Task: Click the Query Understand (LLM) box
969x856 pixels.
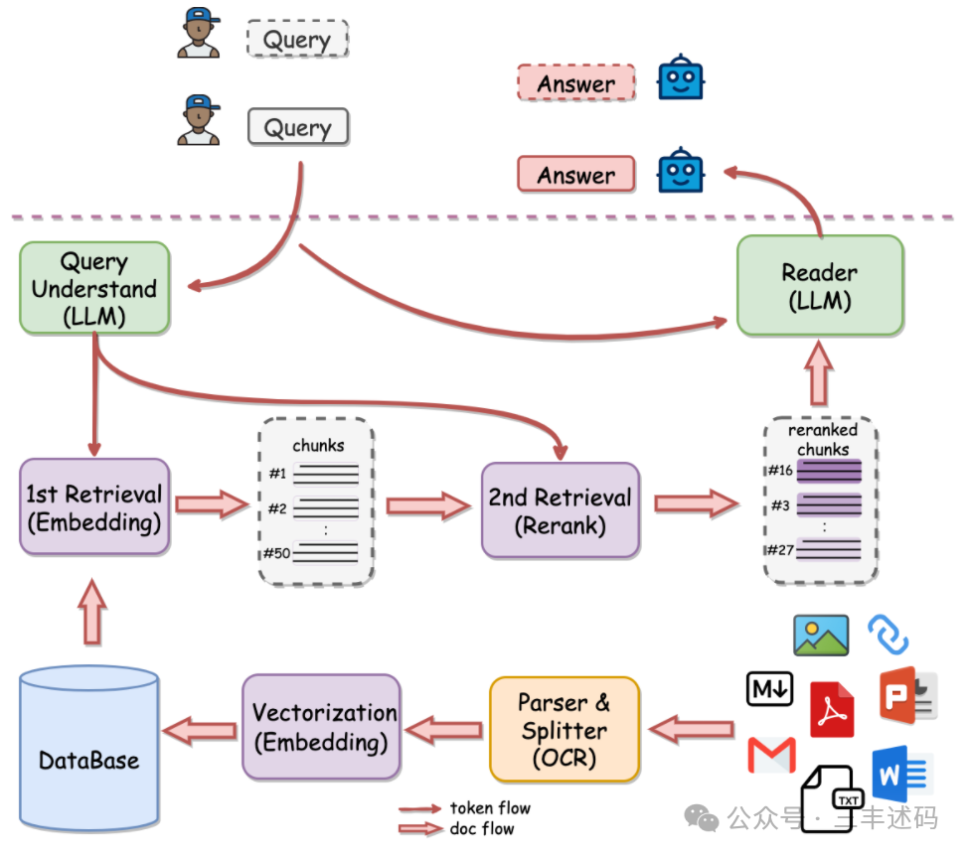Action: (94, 288)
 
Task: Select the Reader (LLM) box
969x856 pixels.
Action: (820, 286)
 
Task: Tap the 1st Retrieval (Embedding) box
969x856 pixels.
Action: (94, 507)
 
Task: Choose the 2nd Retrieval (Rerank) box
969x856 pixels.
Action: (561, 510)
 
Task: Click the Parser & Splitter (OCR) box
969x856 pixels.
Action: (565, 730)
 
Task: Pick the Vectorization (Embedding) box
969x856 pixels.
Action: (321, 727)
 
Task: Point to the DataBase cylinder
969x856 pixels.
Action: (89, 748)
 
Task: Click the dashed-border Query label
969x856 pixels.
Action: (297, 39)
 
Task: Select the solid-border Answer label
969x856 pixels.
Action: (576, 175)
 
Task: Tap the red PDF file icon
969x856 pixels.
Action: (832, 710)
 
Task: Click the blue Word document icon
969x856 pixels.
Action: (899, 774)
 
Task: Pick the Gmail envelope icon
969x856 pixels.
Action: (772, 755)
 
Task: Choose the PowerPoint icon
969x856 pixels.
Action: (907, 695)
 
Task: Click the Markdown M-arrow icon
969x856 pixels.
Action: (770, 688)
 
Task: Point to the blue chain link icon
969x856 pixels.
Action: (888, 635)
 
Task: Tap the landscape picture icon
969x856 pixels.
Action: (821, 635)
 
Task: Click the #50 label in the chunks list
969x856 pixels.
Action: (276, 553)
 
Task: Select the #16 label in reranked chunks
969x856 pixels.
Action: (780, 471)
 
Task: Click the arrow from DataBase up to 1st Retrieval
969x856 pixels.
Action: (92, 612)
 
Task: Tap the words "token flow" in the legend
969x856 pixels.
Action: (490, 807)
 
